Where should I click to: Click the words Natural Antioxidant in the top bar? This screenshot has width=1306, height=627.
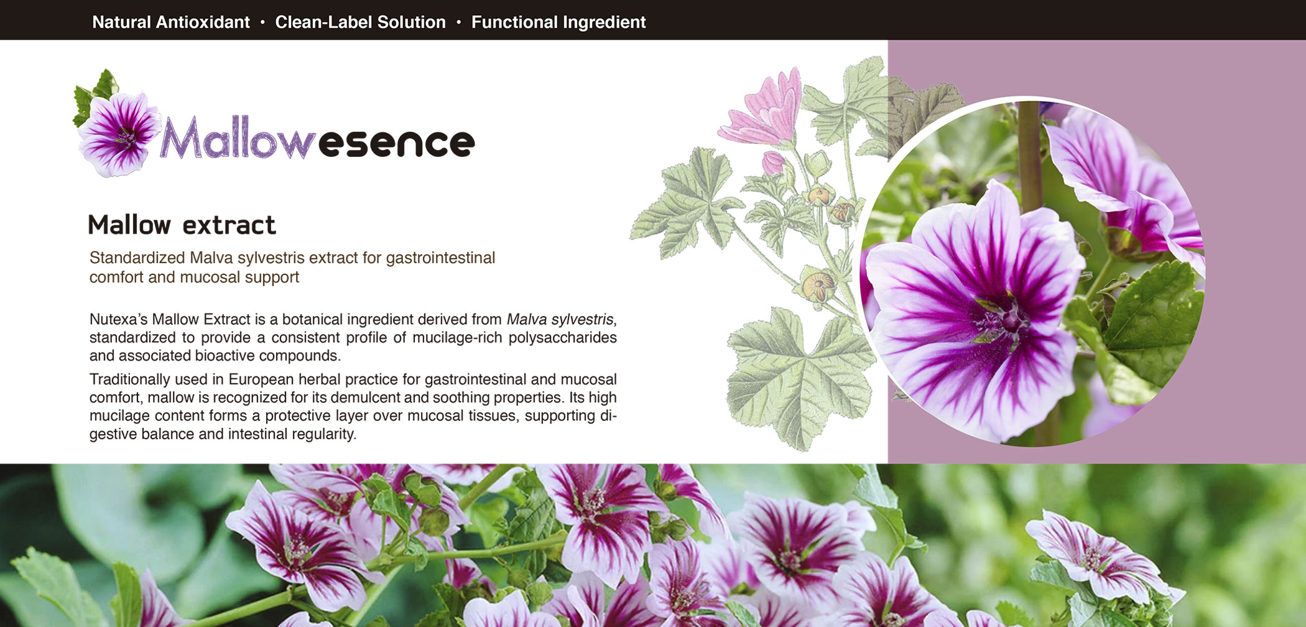tap(170, 22)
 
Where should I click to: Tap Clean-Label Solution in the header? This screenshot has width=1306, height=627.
tap(360, 22)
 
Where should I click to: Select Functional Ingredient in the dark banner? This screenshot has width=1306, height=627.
tap(558, 22)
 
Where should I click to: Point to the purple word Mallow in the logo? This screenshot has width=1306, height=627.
tap(236, 138)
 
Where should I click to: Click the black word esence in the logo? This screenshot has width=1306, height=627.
tap(396, 143)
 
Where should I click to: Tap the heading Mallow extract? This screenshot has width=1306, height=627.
tap(182, 225)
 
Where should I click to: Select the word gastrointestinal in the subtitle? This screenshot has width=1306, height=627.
tap(440, 258)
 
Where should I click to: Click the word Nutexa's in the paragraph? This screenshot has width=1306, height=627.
tap(118, 319)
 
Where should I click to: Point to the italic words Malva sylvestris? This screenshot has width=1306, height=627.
tap(560, 319)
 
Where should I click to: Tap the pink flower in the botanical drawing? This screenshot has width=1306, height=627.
tap(765, 109)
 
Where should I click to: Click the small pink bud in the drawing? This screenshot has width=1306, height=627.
tap(773, 163)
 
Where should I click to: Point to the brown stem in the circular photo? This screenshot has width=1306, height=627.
tap(1029, 156)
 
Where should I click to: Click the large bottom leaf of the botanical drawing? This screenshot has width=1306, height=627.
tap(799, 379)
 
